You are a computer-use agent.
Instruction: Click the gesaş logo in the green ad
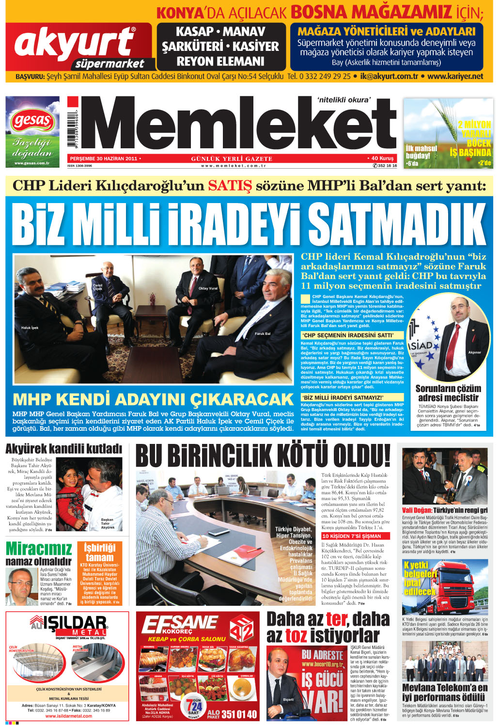(32, 120)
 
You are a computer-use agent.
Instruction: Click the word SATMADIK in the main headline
(397, 224)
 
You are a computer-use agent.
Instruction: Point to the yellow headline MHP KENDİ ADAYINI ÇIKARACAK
(153, 399)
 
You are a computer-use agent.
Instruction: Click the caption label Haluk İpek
(30, 328)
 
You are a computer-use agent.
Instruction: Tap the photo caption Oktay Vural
(208, 288)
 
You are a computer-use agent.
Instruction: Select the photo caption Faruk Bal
(263, 334)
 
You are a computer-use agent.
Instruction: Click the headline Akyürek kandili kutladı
(63, 448)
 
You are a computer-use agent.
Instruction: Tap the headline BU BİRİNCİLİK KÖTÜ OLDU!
(263, 457)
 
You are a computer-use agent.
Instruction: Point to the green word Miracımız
(39, 549)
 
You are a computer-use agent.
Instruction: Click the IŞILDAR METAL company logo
(68, 625)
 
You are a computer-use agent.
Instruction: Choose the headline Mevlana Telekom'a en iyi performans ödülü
(445, 692)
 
